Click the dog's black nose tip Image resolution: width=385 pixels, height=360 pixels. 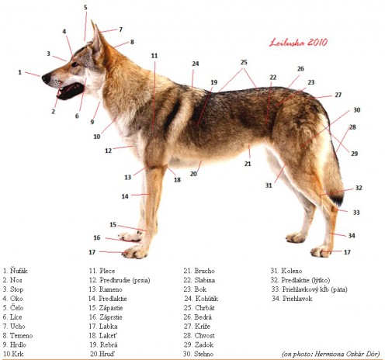click(x=47, y=78)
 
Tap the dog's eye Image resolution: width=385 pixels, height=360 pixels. click(x=75, y=64)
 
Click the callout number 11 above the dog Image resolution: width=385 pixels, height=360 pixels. click(x=154, y=56)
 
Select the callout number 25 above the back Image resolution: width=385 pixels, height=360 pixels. click(x=244, y=62)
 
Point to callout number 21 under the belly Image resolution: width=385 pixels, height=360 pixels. click(x=248, y=164)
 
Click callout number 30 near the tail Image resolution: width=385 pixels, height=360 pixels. click(x=357, y=110)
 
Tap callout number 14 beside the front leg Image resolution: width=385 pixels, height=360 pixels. click(x=125, y=196)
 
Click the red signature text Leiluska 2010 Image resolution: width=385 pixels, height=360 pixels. click(x=298, y=42)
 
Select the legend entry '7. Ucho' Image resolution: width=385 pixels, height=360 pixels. click(x=14, y=326)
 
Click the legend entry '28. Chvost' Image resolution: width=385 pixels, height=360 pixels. click(x=199, y=335)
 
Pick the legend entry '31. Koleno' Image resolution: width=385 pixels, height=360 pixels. click(x=286, y=271)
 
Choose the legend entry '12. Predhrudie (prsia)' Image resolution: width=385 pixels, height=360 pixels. click(x=120, y=280)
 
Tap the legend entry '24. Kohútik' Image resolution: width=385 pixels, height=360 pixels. click(x=201, y=299)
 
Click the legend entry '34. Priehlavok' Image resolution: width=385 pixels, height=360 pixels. click(x=292, y=299)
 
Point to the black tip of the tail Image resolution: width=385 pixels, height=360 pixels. click(x=338, y=200)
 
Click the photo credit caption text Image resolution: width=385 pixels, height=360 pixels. click(x=331, y=354)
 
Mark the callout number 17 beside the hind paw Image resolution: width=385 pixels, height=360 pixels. click(x=347, y=252)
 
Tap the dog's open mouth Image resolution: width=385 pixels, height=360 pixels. click(x=71, y=91)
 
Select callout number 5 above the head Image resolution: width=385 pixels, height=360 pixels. click(x=85, y=7)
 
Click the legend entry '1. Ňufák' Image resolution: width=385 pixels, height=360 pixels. click(x=16, y=271)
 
